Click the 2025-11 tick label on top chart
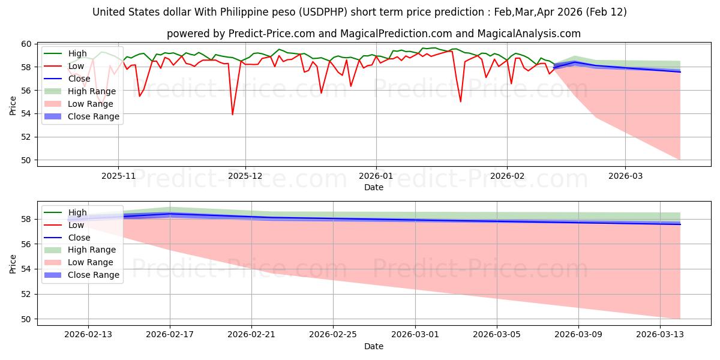point(118,176)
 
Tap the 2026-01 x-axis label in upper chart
point(376,176)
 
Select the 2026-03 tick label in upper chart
point(625,176)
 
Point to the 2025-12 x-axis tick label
point(245,176)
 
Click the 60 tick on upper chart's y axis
point(26,44)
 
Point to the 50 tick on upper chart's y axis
point(26,160)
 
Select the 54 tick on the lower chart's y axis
point(26,269)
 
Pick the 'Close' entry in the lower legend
point(80,238)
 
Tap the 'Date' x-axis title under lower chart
point(373,346)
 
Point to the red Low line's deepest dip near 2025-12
point(232,115)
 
